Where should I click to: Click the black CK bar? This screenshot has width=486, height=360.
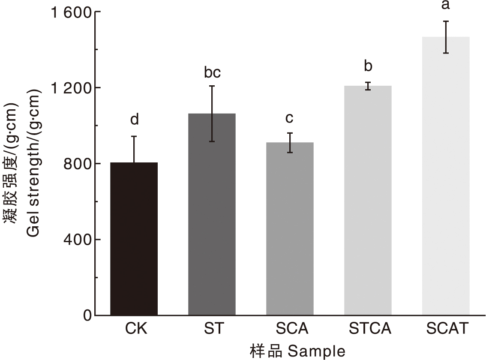click(x=134, y=239)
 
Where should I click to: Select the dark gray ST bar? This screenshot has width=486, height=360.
click(x=212, y=214)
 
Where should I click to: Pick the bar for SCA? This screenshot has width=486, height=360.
click(x=290, y=229)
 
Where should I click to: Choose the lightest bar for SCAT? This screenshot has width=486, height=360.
click(x=446, y=176)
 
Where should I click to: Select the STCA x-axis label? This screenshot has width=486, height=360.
click(x=370, y=329)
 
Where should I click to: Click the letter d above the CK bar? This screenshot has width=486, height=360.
click(x=134, y=120)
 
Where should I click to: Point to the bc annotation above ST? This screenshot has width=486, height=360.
click(x=212, y=73)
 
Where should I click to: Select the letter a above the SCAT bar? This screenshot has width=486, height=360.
click(x=446, y=5)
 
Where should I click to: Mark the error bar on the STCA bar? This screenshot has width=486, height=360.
click(x=368, y=86)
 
